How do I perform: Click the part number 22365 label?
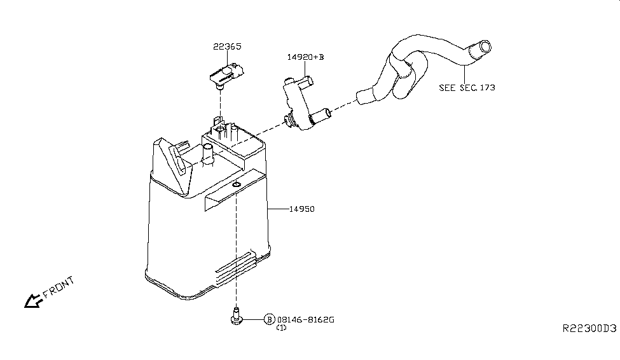tap(227, 46)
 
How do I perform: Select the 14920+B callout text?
tap(305, 57)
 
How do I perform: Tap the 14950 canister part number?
tap(301, 209)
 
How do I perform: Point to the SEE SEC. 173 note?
tap(467, 87)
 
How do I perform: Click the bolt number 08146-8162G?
tap(306, 319)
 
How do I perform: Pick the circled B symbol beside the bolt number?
tap(269, 319)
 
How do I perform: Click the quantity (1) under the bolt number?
tap(281, 328)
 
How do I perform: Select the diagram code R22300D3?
tap(589, 328)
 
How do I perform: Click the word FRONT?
tap(59, 287)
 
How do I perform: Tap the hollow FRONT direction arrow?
tap(32, 301)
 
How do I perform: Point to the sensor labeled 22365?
tap(226, 75)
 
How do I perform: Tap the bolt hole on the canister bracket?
tap(236, 184)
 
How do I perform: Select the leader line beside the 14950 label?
tap(279, 209)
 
